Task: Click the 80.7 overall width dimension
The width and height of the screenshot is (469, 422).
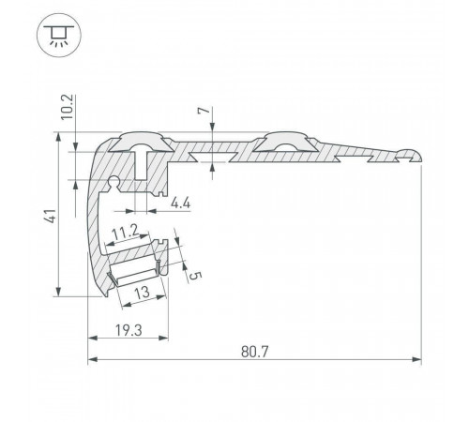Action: (254, 352)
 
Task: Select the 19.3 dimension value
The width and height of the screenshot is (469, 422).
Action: (129, 330)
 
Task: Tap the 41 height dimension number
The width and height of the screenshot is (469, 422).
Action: (51, 216)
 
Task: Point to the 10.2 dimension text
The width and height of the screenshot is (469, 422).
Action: (67, 107)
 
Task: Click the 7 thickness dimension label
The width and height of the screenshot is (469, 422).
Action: (204, 111)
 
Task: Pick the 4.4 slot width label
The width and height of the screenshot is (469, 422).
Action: (180, 203)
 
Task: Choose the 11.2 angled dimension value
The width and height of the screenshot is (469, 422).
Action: (126, 233)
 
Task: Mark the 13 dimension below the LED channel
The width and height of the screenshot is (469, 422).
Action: (142, 293)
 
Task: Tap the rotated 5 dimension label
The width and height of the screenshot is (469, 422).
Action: (195, 276)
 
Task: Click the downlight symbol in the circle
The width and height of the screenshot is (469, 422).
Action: (59, 35)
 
